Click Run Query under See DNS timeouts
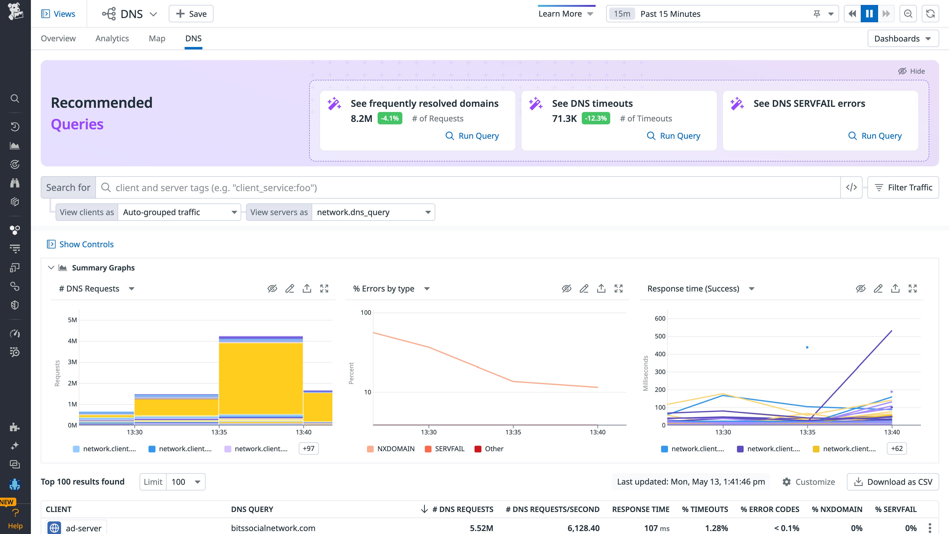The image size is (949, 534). [673, 136]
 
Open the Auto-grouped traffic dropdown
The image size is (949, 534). [179, 212]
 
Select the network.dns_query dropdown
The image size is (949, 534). [373, 212]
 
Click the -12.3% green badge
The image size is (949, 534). [596, 118]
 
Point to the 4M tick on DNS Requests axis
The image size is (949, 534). [73, 341]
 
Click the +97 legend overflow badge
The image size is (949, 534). [308, 448]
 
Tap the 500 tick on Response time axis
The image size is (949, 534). [660, 336]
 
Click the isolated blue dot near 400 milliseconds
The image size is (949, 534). [807, 347]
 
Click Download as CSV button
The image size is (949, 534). [893, 482]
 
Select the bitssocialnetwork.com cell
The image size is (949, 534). [273, 528]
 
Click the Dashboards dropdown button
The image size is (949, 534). [903, 39]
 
